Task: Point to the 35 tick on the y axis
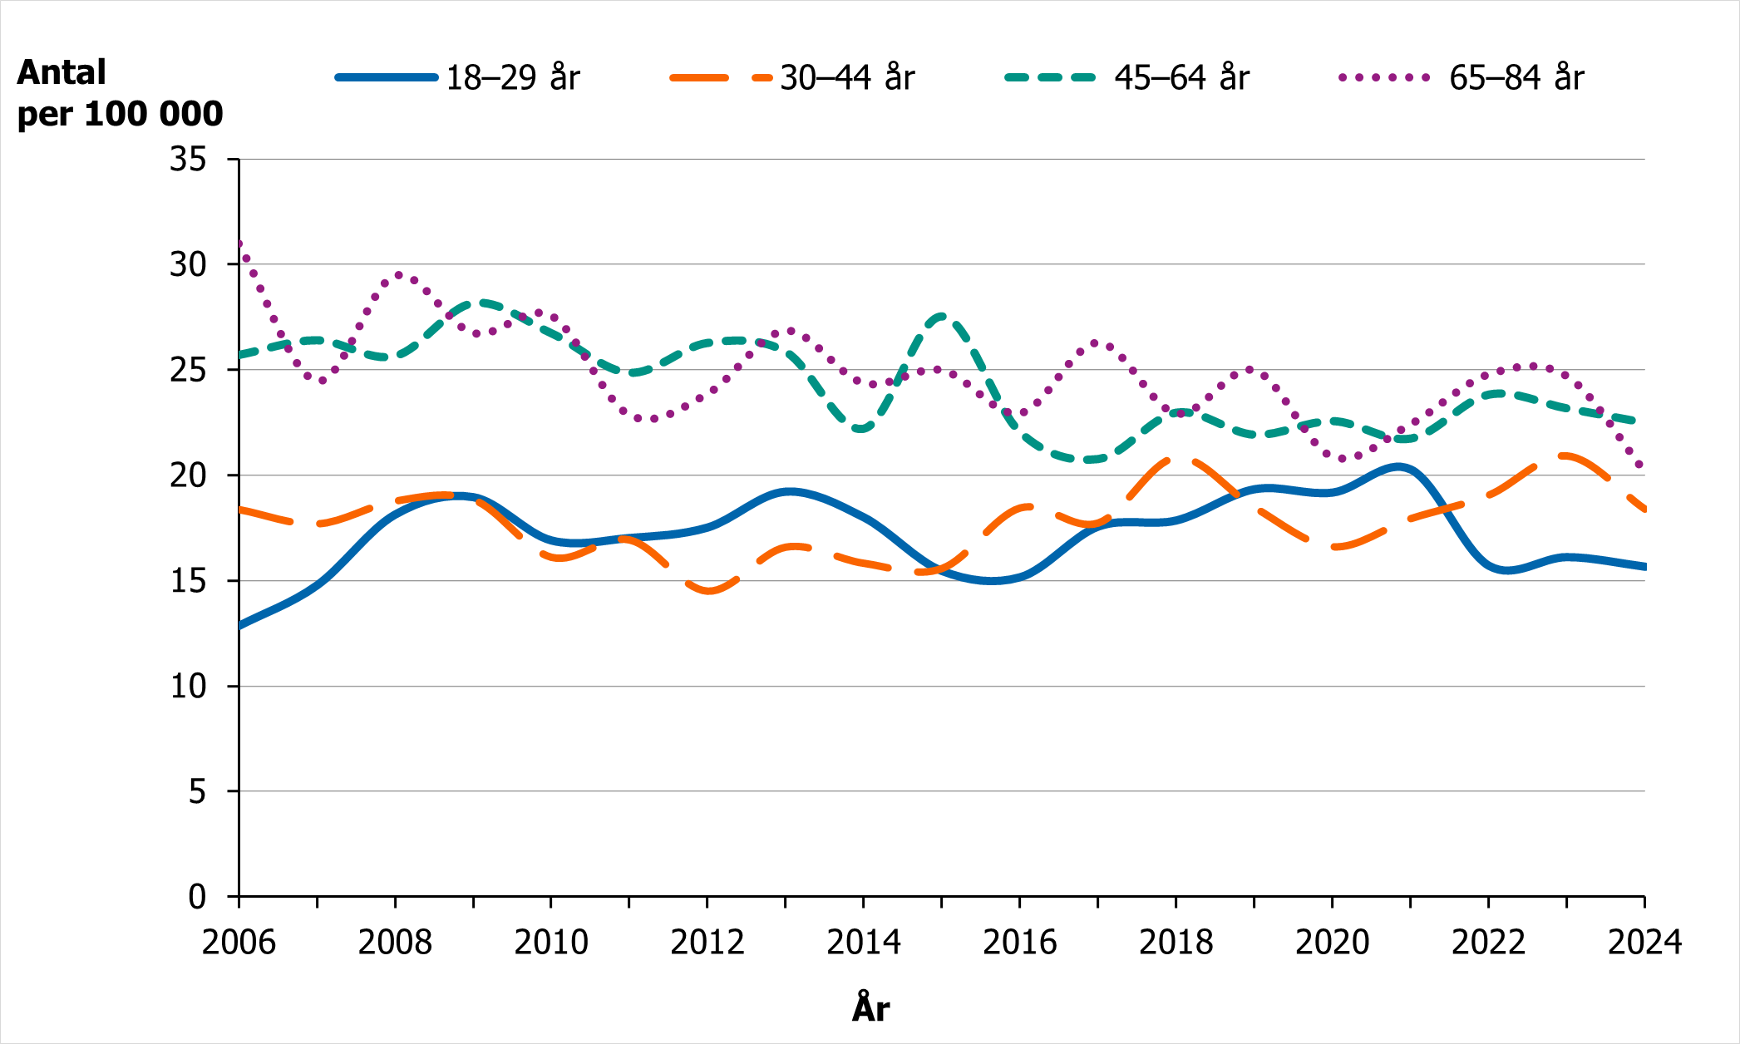click(x=188, y=159)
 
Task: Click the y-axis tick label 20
click(x=188, y=475)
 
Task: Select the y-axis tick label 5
click(x=197, y=791)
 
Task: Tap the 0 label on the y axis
click(x=197, y=897)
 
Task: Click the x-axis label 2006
click(x=239, y=943)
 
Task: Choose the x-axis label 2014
click(x=863, y=943)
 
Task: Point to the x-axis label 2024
click(x=1644, y=943)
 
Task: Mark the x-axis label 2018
click(x=1176, y=943)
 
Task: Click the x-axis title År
click(x=870, y=1008)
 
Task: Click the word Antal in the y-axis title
click(x=62, y=73)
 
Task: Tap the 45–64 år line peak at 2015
click(x=942, y=315)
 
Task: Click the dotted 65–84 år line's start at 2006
click(x=240, y=244)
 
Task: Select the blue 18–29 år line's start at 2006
click(x=240, y=625)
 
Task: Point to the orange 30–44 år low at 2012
click(x=708, y=591)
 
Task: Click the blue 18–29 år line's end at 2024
click(x=1644, y=567)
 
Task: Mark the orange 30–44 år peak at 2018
click(x=1176, y=458)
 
